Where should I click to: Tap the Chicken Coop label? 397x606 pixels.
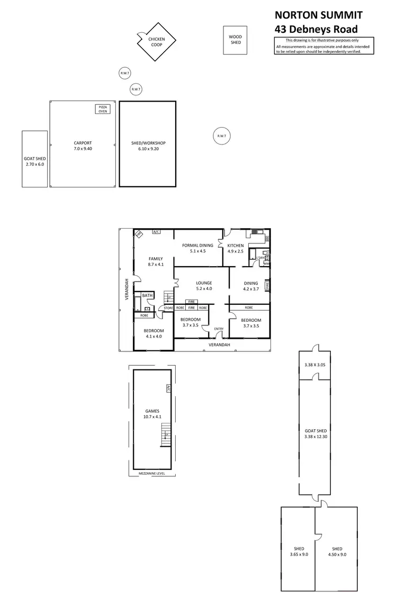pyautogui.click(x=156, y=42)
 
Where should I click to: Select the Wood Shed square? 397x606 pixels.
pyautogui.click(x=235, y=40)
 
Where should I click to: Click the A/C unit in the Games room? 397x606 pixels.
pyautogui.click(x=168, y=388)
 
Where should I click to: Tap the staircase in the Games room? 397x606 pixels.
pyautogui.click(x=166, y=436)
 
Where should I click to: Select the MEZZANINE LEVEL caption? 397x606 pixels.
pyautogui.click(x=151, y=474)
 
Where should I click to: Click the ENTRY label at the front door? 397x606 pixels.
pyautogui.click(x=219, y=329)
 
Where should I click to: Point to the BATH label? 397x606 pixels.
pyautogui.click(x=147, y=295)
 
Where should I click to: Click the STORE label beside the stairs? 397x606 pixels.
pyautogui.click(x=168, y=307)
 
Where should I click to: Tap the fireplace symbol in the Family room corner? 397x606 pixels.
pyautogui.click(x=139, y=234)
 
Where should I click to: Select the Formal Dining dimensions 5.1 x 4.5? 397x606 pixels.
pyautogui.click(x=197, y=251)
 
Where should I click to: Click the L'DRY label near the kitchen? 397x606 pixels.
pyautogui.click(x=260, y=258)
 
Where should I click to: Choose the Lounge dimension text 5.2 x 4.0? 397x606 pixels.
pyautogui.click(x=204, y=289)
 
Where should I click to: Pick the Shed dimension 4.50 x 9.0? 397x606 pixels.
pyautogui.click(x=337, y=554)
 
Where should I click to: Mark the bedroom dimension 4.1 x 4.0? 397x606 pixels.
pyautogui.click(x=153, y=337)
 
